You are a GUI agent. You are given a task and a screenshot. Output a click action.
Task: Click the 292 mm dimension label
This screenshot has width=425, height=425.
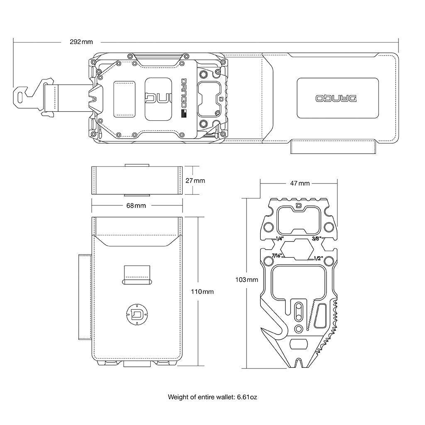(81, 42)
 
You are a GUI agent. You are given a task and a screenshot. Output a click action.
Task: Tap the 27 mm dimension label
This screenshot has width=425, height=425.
(195, 181)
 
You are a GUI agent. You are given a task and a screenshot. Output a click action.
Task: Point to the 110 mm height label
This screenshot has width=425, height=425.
(202, 292)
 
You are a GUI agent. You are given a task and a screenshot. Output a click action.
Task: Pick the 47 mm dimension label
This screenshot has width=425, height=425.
(299, 183)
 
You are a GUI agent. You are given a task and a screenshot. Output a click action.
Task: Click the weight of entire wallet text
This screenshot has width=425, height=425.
(212, 397)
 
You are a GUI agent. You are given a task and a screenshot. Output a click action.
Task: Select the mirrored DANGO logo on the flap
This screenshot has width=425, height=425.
(337, 99)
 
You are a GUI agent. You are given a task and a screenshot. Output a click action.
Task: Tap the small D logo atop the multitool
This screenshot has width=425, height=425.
(299, 205)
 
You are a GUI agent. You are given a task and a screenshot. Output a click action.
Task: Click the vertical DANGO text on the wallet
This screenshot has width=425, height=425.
(184, 91)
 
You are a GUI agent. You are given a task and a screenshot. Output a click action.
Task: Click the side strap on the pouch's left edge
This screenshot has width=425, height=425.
(85, 296)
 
